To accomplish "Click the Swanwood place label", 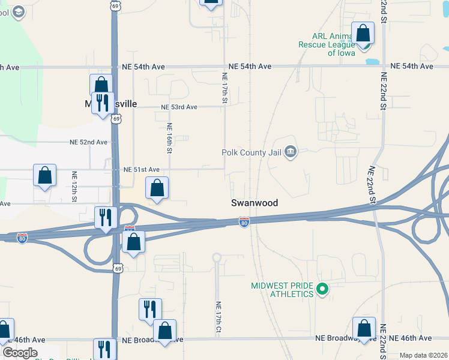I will click(255, 203).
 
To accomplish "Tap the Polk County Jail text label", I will click(252, 152).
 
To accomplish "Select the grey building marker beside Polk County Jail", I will click(291, 151).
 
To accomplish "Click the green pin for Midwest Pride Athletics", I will click(322, 290).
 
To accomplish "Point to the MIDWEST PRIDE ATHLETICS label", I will click(283, 290).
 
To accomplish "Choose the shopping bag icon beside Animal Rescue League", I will click(363, 33).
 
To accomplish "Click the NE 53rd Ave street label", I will click(179, 107).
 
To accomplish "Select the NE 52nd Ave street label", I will click(88, 142).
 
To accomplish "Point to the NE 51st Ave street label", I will click(141, 170).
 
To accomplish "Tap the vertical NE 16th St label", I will click(170, 138).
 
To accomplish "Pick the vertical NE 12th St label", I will click(75, 185).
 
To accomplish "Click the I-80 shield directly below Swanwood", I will click(244, 222).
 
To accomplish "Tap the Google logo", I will click(20, 353).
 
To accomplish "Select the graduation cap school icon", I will click(18, 11).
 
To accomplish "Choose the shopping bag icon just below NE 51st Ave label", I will click(157, 188).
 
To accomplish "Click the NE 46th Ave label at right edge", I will click(410, 338).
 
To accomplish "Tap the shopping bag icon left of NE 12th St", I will click(45, 176).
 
